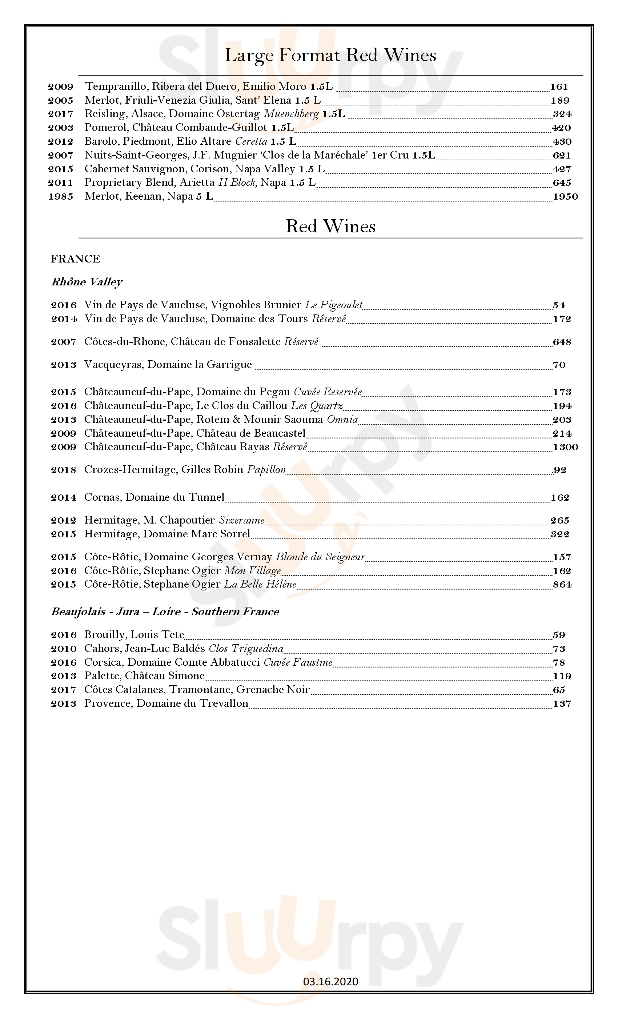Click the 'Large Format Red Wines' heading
tap(330, 55)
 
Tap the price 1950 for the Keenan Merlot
tap(565, 197)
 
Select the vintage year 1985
tap(61, 197)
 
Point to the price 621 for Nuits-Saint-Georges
tap(562, 155)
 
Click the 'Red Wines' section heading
tap(330, 227)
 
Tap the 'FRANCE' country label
tap(75, 259)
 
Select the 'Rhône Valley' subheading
tap(87, 282)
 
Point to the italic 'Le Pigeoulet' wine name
tap(334, 305)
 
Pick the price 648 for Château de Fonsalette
tap(562, 342)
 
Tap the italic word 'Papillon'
tap(266, 470)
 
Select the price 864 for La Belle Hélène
tap(562, 585)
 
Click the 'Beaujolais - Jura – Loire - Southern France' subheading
tap(165, 612)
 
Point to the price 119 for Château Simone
tap(562, 676)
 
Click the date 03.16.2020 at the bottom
tap(330, 982)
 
